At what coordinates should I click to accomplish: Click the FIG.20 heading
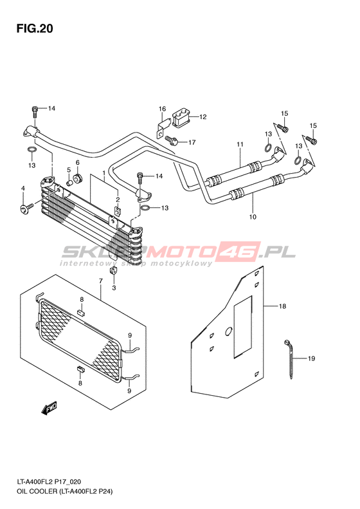(x=35, y=28)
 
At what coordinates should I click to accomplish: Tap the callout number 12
(x=203, y=117)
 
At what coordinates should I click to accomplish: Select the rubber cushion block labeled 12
(x=181, y=118)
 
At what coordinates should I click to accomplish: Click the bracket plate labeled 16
(x=164, y=129)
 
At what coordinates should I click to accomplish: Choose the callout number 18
(x=282, y=306)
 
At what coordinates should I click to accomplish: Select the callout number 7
(x=100, y=281)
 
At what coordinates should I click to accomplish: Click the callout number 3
(x=114, y=288)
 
